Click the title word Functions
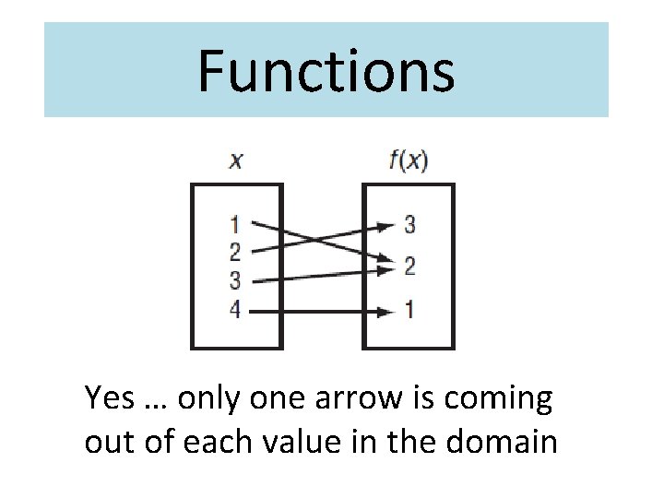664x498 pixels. [x=326, y=71]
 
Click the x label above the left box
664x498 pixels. [x=236, y=161]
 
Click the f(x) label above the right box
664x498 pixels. [x=409, y=161]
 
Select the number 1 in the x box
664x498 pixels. [x=234, y=224]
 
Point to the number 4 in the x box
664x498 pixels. [x=234, y=311]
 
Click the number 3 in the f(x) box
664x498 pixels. [x=409, y=224]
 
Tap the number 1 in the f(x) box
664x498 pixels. [x=409, y=311]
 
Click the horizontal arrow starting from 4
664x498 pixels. [x=314, y=311]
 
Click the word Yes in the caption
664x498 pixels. [x=108, y=398]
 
